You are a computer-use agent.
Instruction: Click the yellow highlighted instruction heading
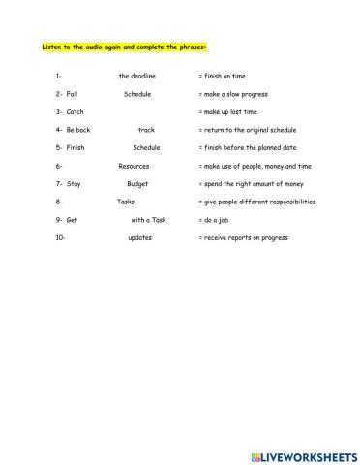tap(125, 46)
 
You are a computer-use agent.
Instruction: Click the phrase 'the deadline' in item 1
tap(137, 76)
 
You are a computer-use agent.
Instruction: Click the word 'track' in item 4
tap(146, 130)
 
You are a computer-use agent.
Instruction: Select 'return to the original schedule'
tap(250, 130)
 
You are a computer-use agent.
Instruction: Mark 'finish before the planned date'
tap(250, 148)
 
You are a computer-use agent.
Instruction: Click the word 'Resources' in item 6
tap(134, 166)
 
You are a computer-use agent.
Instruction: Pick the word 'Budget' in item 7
tap(137, 183)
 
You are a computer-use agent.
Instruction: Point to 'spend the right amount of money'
tap(253, 183)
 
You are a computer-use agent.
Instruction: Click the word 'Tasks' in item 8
tap(126, 201)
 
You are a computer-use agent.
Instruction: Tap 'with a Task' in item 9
tap(149, 220)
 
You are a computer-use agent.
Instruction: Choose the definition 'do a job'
tap(217, 220)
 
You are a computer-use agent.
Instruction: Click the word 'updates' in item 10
tap(139, 237)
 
